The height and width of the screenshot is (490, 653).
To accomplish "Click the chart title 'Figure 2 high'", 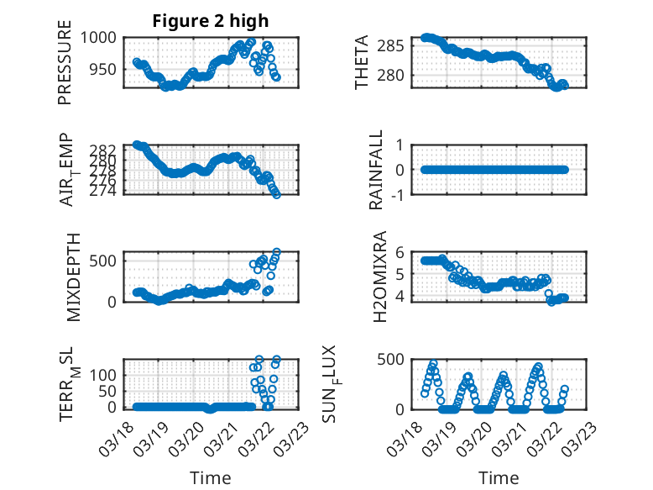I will point(210,21).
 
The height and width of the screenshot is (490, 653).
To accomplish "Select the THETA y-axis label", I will point(362,62).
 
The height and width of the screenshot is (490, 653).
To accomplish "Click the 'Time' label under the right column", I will point(499,477).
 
